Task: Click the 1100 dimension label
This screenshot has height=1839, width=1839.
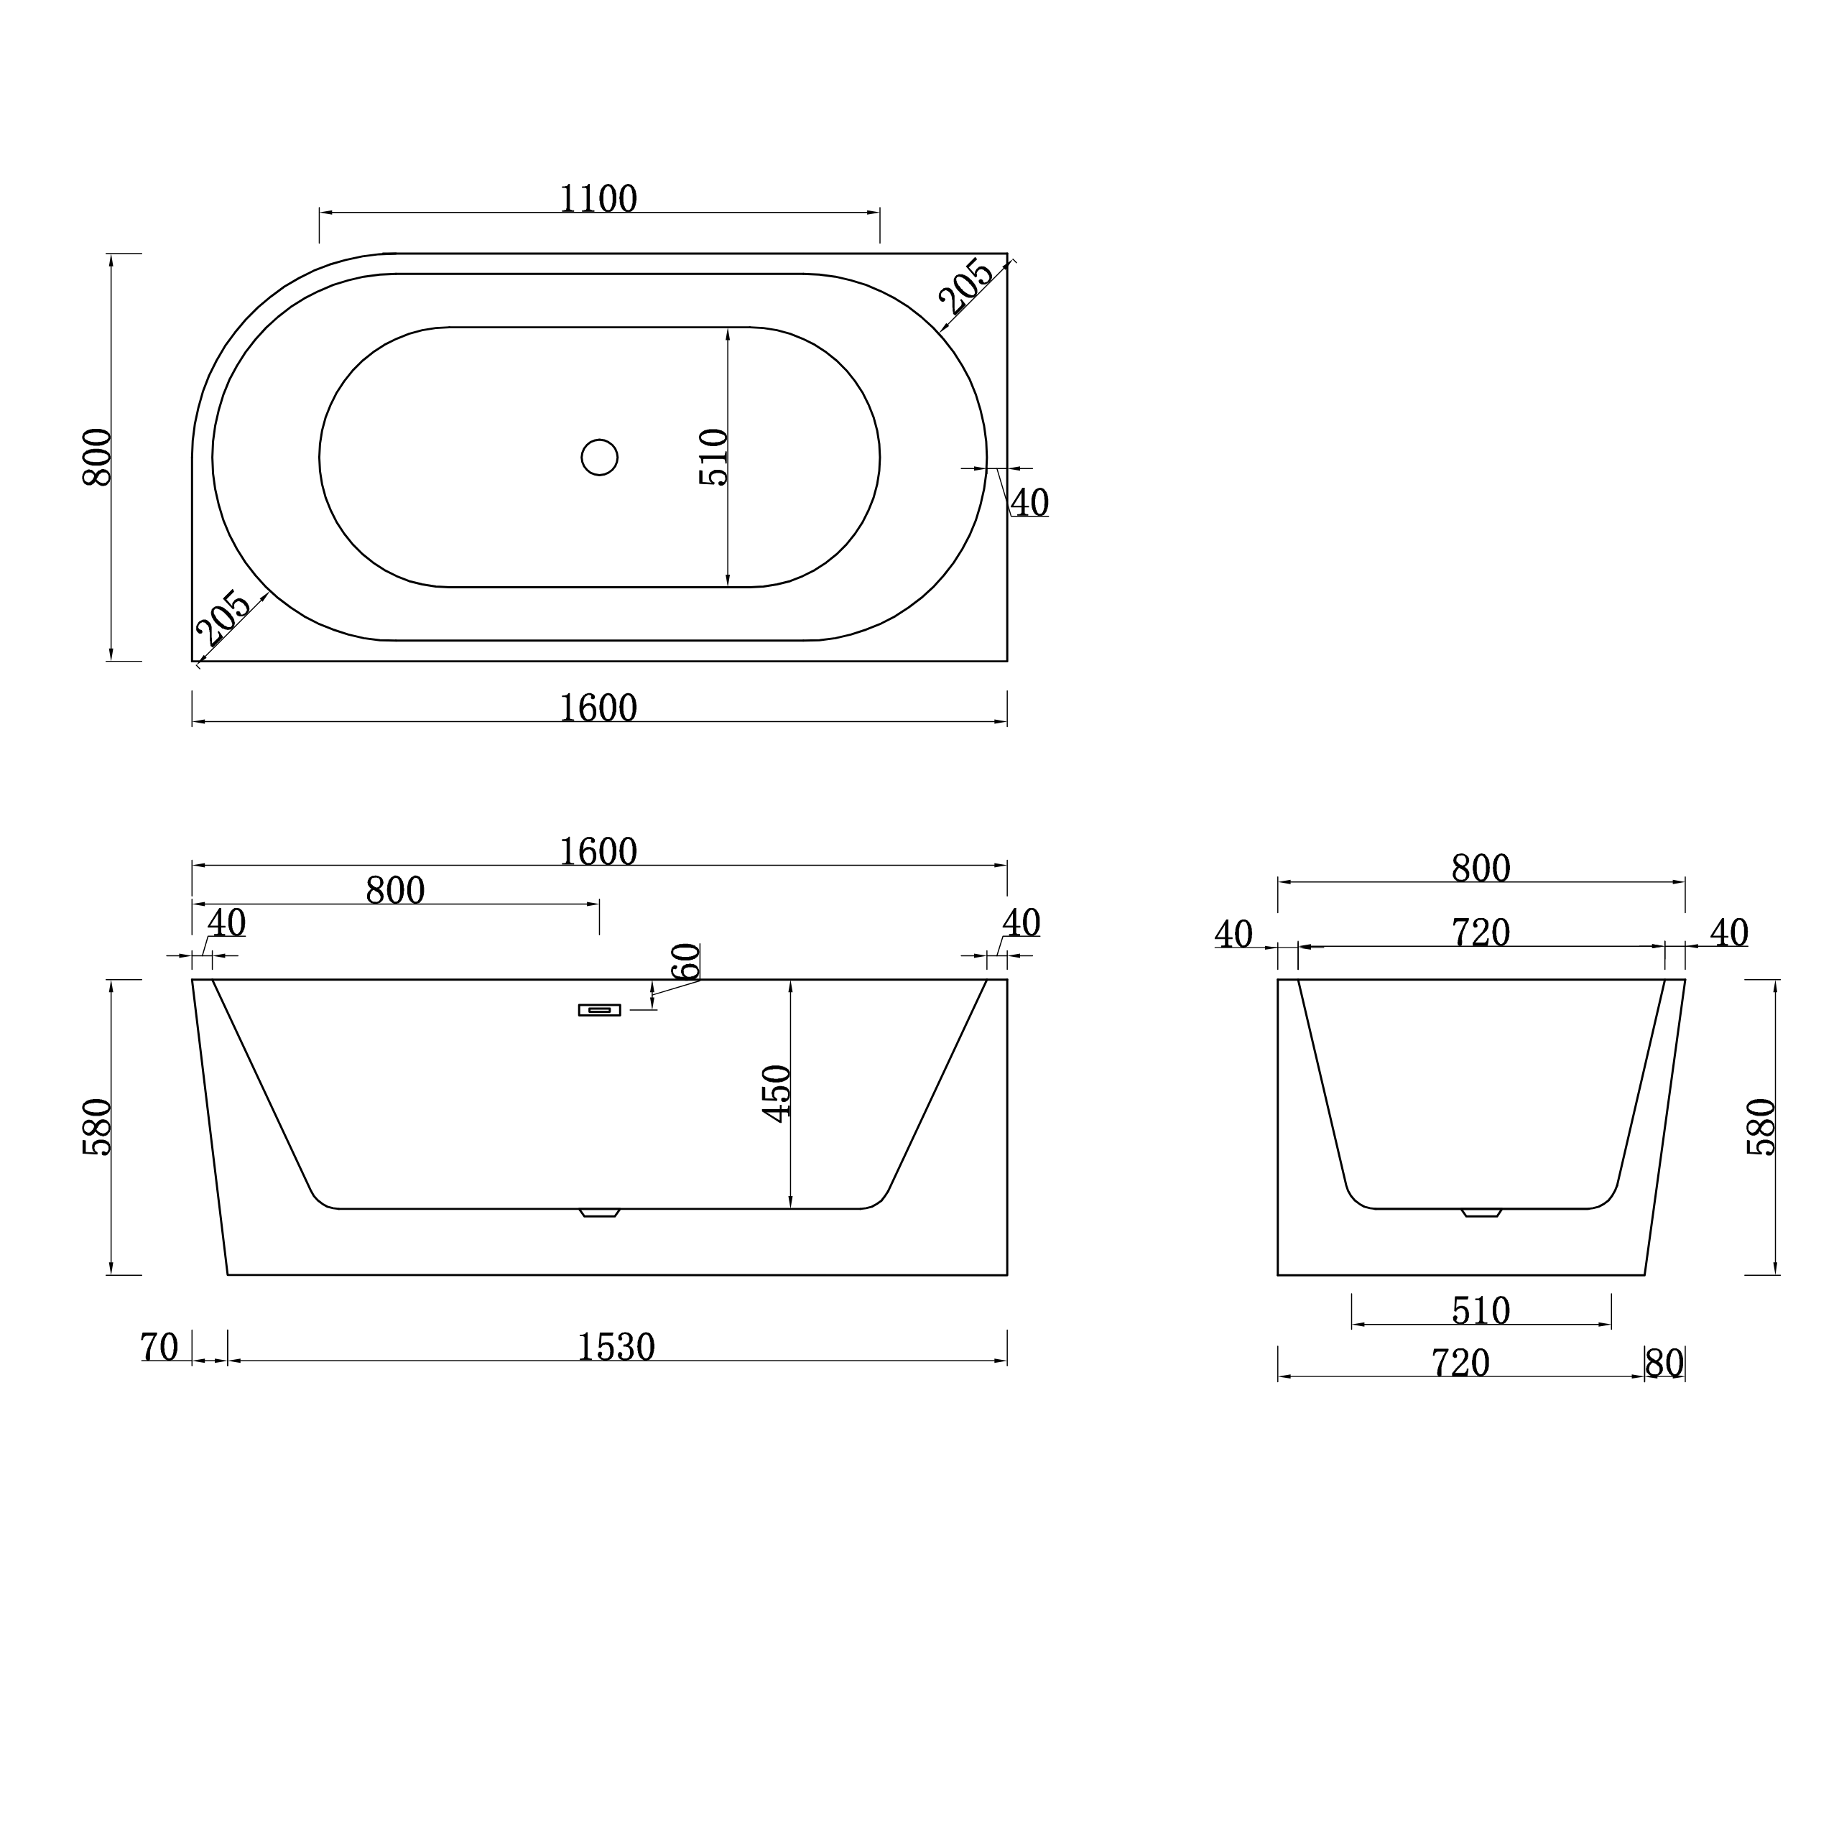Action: click(x=598, y=199)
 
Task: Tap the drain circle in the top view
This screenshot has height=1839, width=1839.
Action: click(x=600, y=458)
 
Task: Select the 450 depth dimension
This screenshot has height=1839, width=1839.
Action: click(x=778, y=1093)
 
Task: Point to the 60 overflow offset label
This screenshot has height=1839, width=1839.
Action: click(x=685, y=961)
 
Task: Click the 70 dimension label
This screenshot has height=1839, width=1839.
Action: click(x=159, y=1348)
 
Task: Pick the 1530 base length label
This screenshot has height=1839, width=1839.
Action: click(x=616, y=1348)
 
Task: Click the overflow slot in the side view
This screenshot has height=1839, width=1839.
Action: click(x=600, y=1010)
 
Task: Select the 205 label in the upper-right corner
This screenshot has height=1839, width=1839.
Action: click(x=966, y=287)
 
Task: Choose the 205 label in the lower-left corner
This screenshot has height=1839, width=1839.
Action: click(x=223, y=618)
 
